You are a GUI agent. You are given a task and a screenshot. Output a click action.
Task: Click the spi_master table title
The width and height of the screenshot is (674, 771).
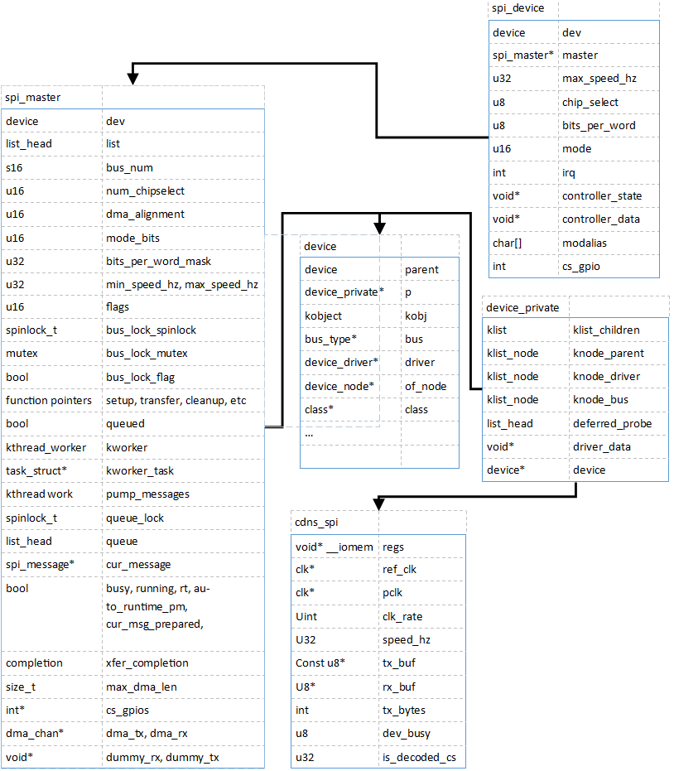pos(33,98)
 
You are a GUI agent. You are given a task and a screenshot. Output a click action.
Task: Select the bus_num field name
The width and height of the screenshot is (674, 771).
pos(129,167)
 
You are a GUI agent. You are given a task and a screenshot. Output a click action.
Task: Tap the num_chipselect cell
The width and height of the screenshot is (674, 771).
pos(145,190)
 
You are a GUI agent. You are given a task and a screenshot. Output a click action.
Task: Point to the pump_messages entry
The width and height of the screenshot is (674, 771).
pos(147,494)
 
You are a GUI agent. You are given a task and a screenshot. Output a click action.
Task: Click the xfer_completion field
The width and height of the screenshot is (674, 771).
pos(147,663)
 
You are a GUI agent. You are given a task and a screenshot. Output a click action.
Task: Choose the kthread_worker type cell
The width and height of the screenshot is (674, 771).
pos(46,447)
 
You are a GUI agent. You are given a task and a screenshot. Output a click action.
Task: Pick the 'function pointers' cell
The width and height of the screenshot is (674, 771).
pos(49,400)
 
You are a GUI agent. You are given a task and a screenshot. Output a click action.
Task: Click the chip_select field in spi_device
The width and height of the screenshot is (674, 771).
pos(590,103)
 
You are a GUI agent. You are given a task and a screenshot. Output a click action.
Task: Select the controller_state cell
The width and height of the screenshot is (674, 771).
pos(602,195)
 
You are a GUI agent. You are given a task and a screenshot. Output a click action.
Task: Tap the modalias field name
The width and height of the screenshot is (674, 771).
pos(584,243)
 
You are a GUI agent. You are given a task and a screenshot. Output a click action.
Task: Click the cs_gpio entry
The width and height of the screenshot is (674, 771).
pos(581,267)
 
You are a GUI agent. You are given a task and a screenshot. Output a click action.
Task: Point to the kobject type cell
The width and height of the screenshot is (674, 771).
pos(323,316)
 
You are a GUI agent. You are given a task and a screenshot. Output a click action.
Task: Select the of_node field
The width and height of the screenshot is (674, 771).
pos(426,387)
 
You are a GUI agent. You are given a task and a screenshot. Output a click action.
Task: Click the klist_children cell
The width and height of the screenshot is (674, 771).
pos(606,330)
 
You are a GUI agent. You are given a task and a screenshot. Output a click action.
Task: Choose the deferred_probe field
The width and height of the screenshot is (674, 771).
pos(612,423)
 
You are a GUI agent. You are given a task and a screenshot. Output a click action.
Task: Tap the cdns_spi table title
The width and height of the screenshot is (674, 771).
pos(316,523)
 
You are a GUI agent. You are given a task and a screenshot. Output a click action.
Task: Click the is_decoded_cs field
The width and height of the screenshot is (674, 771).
pos(419,757)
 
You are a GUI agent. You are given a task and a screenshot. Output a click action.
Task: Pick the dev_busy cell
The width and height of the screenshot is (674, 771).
pos(406,734)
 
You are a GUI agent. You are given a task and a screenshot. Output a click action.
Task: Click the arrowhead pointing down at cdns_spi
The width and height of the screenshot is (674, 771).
pos(378,504)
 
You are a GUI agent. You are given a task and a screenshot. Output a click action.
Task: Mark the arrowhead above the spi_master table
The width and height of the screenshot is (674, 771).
pos(132,79)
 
